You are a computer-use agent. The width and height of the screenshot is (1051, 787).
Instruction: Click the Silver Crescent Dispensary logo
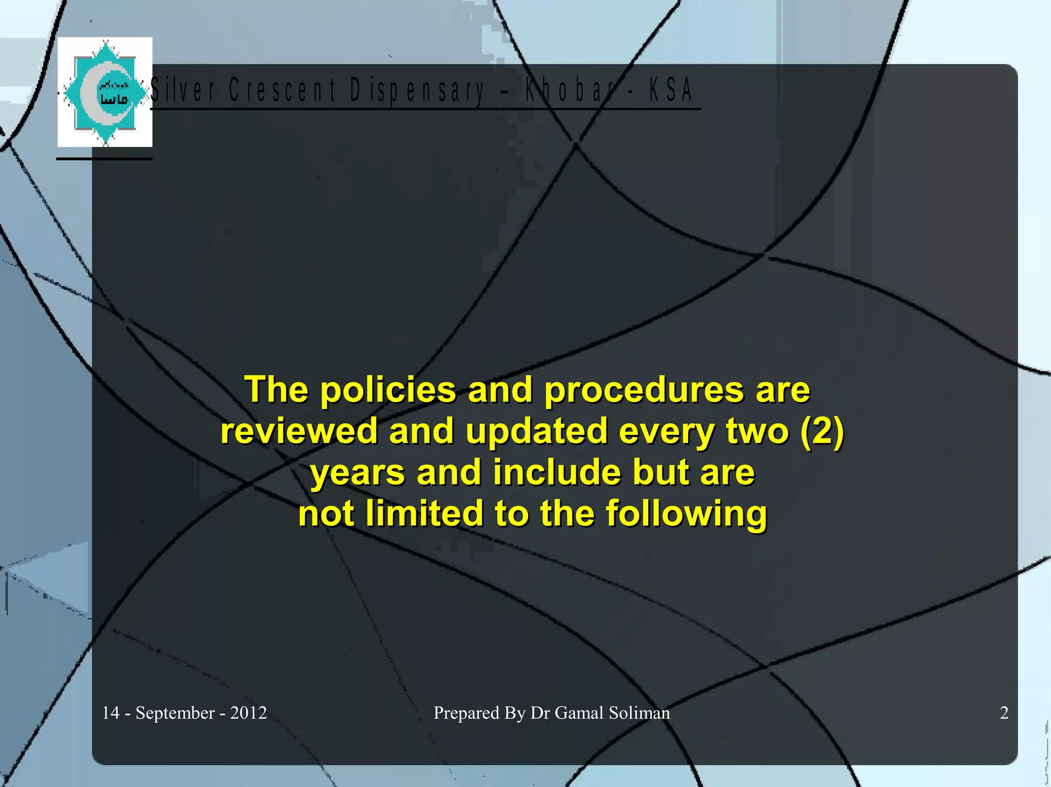[105, 92]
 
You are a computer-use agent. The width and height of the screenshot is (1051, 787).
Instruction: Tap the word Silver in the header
[183, 90]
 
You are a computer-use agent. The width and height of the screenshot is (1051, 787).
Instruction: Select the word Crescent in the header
[282, 90]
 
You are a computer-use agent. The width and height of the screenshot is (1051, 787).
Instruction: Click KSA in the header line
[671, 90]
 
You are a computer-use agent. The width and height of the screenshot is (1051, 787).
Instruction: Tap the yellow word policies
[388, 390]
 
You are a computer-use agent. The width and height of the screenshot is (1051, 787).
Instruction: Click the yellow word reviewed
[299, 431]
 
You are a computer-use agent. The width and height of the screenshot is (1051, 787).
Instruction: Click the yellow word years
[357, 473]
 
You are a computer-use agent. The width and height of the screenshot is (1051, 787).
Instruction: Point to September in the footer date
[175, 713]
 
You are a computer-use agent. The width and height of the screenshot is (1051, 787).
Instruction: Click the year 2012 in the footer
[248, 713]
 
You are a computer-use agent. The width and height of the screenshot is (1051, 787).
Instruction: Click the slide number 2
[1004, 713]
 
